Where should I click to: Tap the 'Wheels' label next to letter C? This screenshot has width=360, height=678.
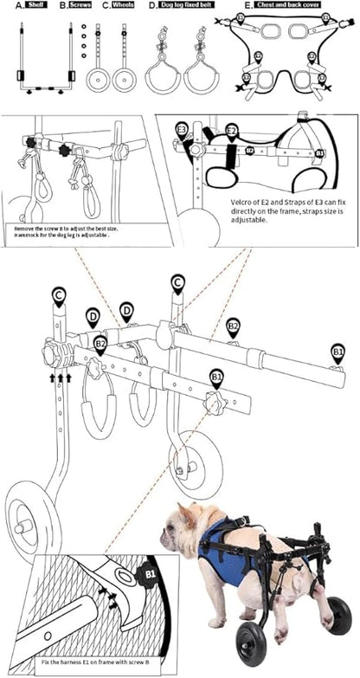coord(122,5)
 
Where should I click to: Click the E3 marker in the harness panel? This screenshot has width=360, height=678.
coord(182,130)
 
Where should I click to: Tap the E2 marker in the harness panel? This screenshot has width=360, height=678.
coord(231,131)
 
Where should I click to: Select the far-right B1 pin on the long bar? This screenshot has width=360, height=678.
coord(337,352)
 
